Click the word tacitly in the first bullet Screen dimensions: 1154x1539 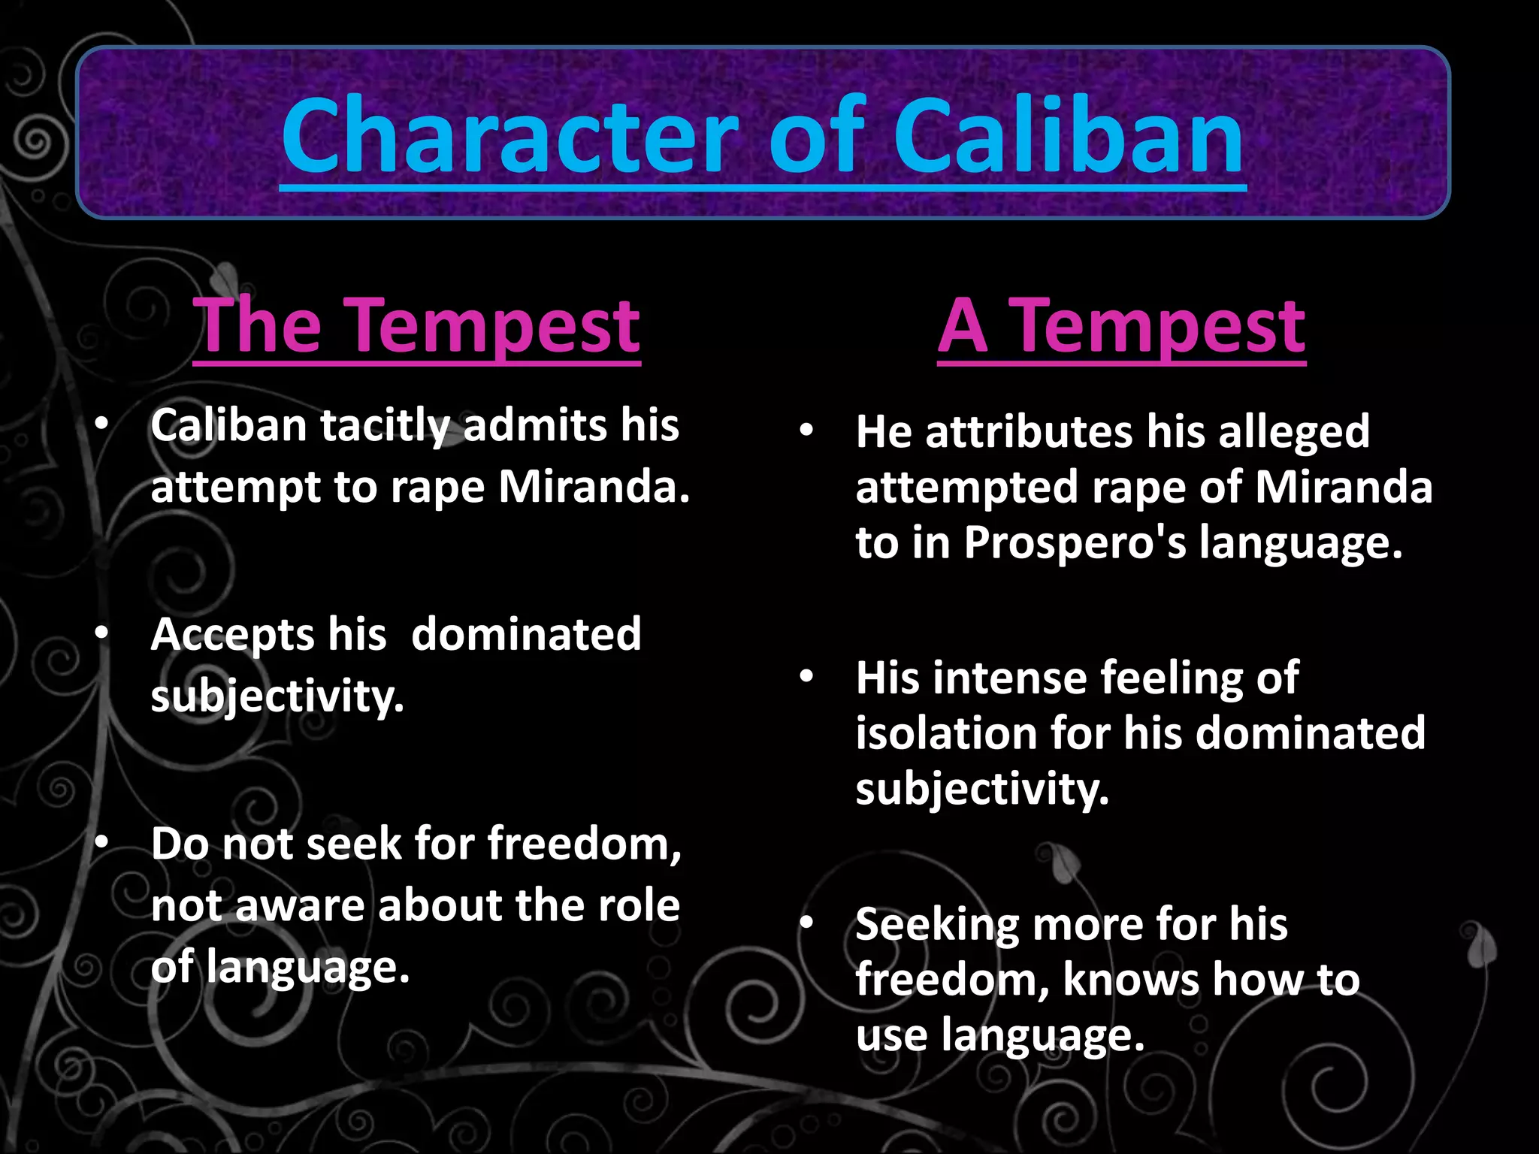coord(384,426)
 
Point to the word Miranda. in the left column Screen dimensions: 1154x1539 coord(594,487)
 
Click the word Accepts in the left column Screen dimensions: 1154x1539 coord(232,635)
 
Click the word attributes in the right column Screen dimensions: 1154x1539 coord(1029,432)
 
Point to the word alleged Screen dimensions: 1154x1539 coord(1294,432)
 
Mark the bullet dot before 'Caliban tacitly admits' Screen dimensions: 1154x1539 coord(101,424)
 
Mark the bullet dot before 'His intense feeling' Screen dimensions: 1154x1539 coord(806,677)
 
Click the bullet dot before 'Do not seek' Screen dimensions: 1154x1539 coord(101,843)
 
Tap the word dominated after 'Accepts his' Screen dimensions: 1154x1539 coord(526,635)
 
